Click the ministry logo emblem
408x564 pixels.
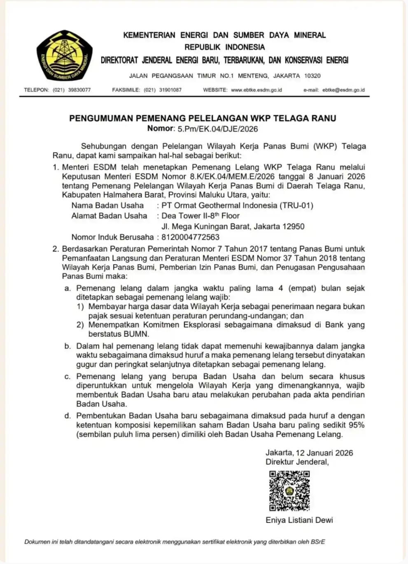(x=65, y=55)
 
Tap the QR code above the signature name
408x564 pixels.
(x=289, y=490)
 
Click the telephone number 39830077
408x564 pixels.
(x=79, y=90)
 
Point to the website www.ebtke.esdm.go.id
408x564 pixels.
(x=256, y=90)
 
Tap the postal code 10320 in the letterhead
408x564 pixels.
(x=312, y=76)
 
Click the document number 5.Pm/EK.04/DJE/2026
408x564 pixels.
(x=218, y=129)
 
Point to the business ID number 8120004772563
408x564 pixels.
(x=191, y=237)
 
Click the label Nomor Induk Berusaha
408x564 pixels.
(x=112, y=237)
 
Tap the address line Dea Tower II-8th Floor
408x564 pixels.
(x=201, y=216)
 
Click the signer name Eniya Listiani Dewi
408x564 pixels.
(x=299, y=520)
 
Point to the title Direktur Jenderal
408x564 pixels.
(x=297, y=462)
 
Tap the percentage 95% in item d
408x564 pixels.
(x=357, y=425)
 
